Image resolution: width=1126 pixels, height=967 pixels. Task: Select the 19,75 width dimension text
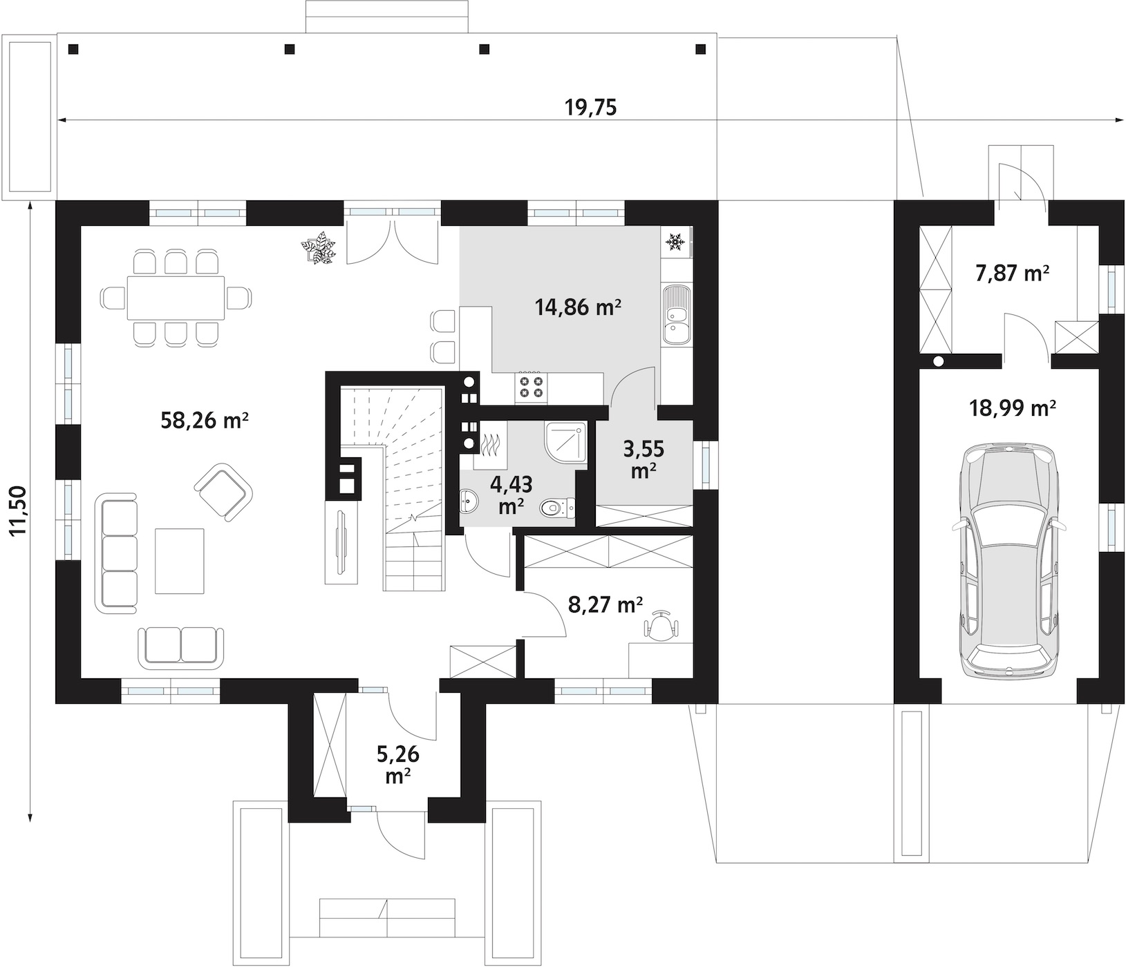click(x=591, y=108)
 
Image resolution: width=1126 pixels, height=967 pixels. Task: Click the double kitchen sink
click(x=675, y=314)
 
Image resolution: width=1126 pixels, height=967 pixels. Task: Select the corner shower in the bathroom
click(x=565, y=445)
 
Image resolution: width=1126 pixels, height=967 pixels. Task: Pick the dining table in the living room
click(x=176, y=298)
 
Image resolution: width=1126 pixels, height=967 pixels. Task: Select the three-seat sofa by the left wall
click(x=119, y=553)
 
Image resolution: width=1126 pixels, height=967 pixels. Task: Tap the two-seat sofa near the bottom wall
click(x=181, y=648)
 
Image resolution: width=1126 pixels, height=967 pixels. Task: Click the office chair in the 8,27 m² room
click(x=663, y=626)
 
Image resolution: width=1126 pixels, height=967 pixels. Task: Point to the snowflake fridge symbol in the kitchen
click(x=675, y=242)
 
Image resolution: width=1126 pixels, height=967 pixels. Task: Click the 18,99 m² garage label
click(x=1011, y=409)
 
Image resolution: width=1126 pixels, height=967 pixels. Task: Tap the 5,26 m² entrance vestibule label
click(x=399, y=764)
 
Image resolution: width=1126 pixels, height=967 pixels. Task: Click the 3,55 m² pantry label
click(x=644, y=459)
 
